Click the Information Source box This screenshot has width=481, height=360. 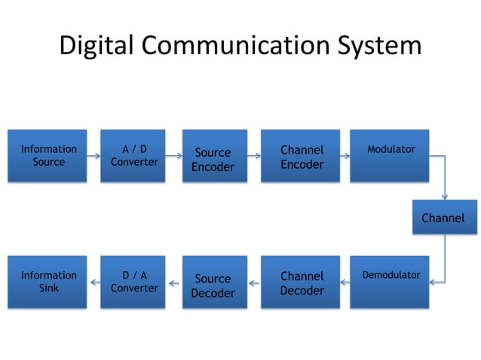click(x=47, y=156)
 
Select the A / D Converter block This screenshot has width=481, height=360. click(x=133, y=156)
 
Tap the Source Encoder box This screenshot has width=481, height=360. click(x=215, y=156)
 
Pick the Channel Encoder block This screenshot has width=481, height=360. click(x=301, y=156)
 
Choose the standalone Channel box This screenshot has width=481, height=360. click(x=443, y=218)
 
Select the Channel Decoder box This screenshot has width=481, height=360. click(x=301, y=282)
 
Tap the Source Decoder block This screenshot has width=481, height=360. click(x=215, y=282)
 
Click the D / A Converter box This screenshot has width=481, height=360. click(x=133, y=282)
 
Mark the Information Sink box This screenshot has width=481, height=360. click(x=47, y=282)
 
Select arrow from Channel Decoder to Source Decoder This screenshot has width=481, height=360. click(x=254, y=282)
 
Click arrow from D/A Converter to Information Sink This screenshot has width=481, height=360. click(x=94, y=282)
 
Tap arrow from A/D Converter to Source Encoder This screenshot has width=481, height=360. click(x=174, y=156)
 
